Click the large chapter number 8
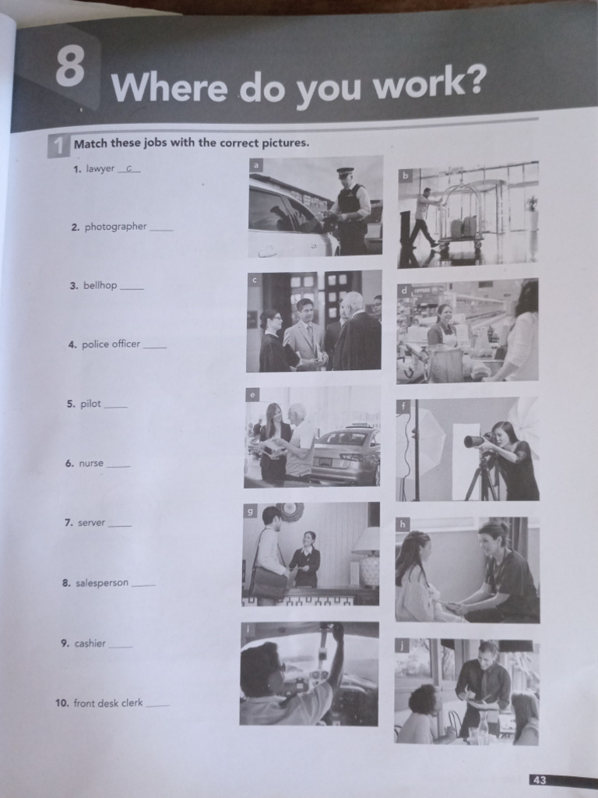(x=71, y=69)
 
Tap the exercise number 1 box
(x=58, y=145)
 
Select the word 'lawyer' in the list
(x=100, y=168)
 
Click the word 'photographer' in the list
(x=115, y=227)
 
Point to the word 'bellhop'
(x=100, y=285)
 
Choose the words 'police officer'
(x=111, y=344)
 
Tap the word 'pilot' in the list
(x=90, y=404)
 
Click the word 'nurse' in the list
(x=90, y=463)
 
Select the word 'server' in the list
(x=91, y=522)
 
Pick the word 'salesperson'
(x=101, y=582)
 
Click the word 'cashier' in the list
(x=90, y=643)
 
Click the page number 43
(x=540, y=779)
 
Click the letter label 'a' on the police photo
(x=256, y=164)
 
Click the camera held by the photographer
(x=476, y=441)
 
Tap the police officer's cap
(x=345, y=171)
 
